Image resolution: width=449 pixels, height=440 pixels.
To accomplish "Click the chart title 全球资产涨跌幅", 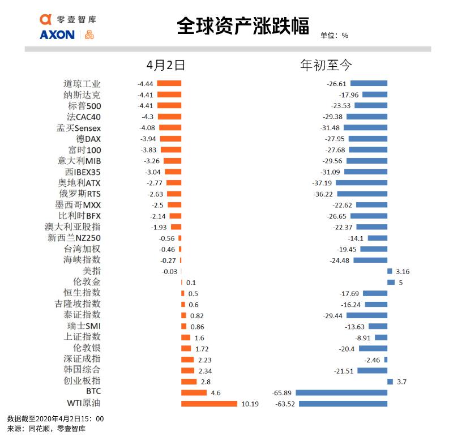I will coord(243,26).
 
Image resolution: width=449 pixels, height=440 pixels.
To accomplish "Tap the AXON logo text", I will coord(57,35).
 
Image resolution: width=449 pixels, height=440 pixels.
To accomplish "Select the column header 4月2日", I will coord(165,65).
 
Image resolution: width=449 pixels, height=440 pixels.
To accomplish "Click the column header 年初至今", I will coord(326,65).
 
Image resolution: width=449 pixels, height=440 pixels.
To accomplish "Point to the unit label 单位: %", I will coord(334,35).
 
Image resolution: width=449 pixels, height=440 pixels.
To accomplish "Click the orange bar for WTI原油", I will coord(209,404).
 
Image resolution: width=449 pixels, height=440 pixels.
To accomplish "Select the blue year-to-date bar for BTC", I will coord(341,392).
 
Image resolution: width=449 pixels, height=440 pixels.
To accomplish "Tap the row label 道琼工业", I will coord(82,84).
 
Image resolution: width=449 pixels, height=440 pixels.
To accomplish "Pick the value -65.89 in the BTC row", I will coord(283,392).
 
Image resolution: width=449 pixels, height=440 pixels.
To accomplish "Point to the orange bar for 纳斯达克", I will coord(169,95).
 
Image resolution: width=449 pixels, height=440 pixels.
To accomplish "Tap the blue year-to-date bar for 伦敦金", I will coord(391,282).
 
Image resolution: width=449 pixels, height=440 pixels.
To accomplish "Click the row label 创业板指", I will coord(82,381).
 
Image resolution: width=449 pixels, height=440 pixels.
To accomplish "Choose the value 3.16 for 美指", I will coord(403,271).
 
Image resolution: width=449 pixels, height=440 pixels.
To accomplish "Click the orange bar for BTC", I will coord(194,392).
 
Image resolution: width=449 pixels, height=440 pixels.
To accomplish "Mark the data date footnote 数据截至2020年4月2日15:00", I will coord(55,418).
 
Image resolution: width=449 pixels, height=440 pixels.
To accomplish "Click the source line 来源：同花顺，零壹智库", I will coord(46,429).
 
